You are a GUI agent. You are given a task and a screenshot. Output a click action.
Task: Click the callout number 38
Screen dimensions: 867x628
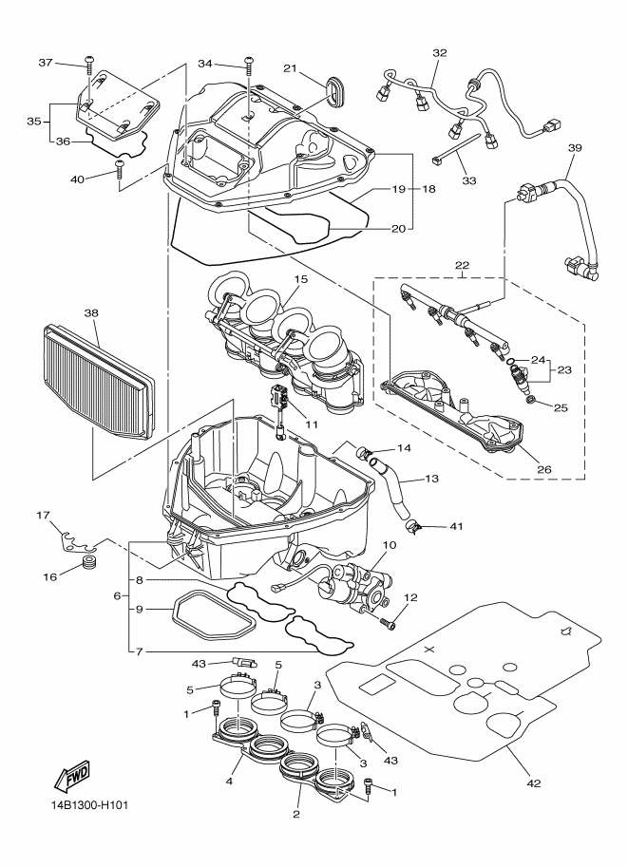[92, 311]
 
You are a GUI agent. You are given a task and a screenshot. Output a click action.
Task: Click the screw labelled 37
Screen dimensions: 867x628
[88, 64]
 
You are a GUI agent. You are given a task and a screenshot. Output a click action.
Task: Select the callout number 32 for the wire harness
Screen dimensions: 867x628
[439, 52]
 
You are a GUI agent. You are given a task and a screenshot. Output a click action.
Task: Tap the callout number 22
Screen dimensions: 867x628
[463, 266]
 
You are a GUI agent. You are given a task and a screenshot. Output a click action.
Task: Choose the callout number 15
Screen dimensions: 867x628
[300, 279]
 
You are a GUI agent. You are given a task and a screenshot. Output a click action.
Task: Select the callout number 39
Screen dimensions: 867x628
[574, 148]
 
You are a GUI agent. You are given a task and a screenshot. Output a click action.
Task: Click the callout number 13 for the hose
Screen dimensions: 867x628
[432, 480]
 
